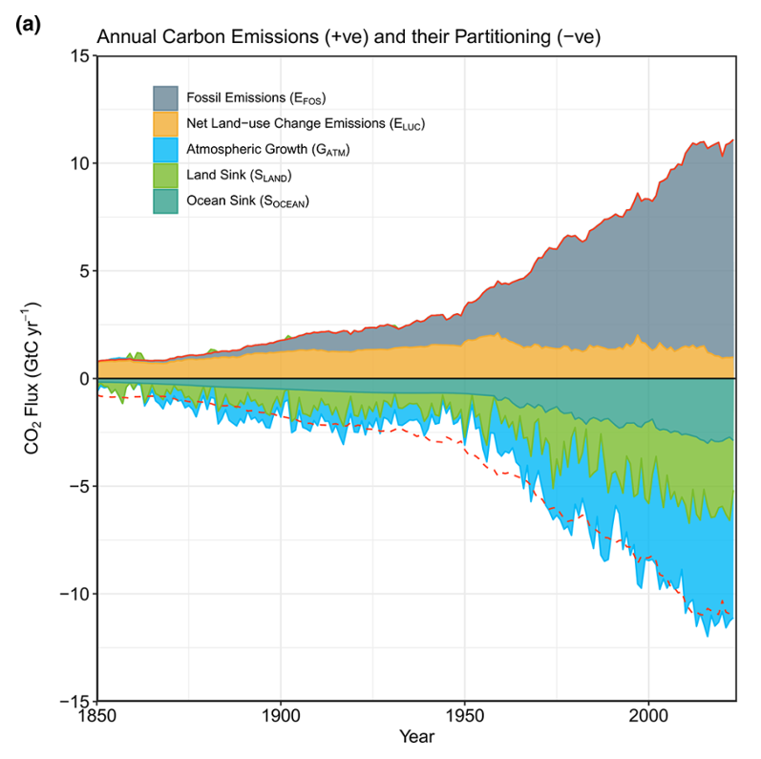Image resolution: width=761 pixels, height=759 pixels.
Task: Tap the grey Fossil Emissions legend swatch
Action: pyautogui.click(x=168, y=98)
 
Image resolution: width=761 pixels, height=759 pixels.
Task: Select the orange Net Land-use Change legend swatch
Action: pyautogui.click(x=168, y=124)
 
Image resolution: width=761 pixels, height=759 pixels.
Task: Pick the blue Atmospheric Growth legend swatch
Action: pyautogui.click(x=168, y=150)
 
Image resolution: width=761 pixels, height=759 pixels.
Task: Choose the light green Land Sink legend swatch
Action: pyautogui.click(x=168, y=176)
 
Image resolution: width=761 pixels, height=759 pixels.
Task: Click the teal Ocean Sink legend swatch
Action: pyautogui.click(x=168, y=201)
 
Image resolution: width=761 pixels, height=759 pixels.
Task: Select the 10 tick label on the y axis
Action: pyautogui.click(x=79, y=163)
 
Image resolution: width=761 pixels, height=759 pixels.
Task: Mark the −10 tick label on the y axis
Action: pyautogui.click(x=73, y=594)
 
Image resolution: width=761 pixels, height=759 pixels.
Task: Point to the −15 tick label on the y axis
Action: pyautogui.click(x=73, y=702)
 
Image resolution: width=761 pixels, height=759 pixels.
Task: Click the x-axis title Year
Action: pyautogui.click(x=415, y=737)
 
